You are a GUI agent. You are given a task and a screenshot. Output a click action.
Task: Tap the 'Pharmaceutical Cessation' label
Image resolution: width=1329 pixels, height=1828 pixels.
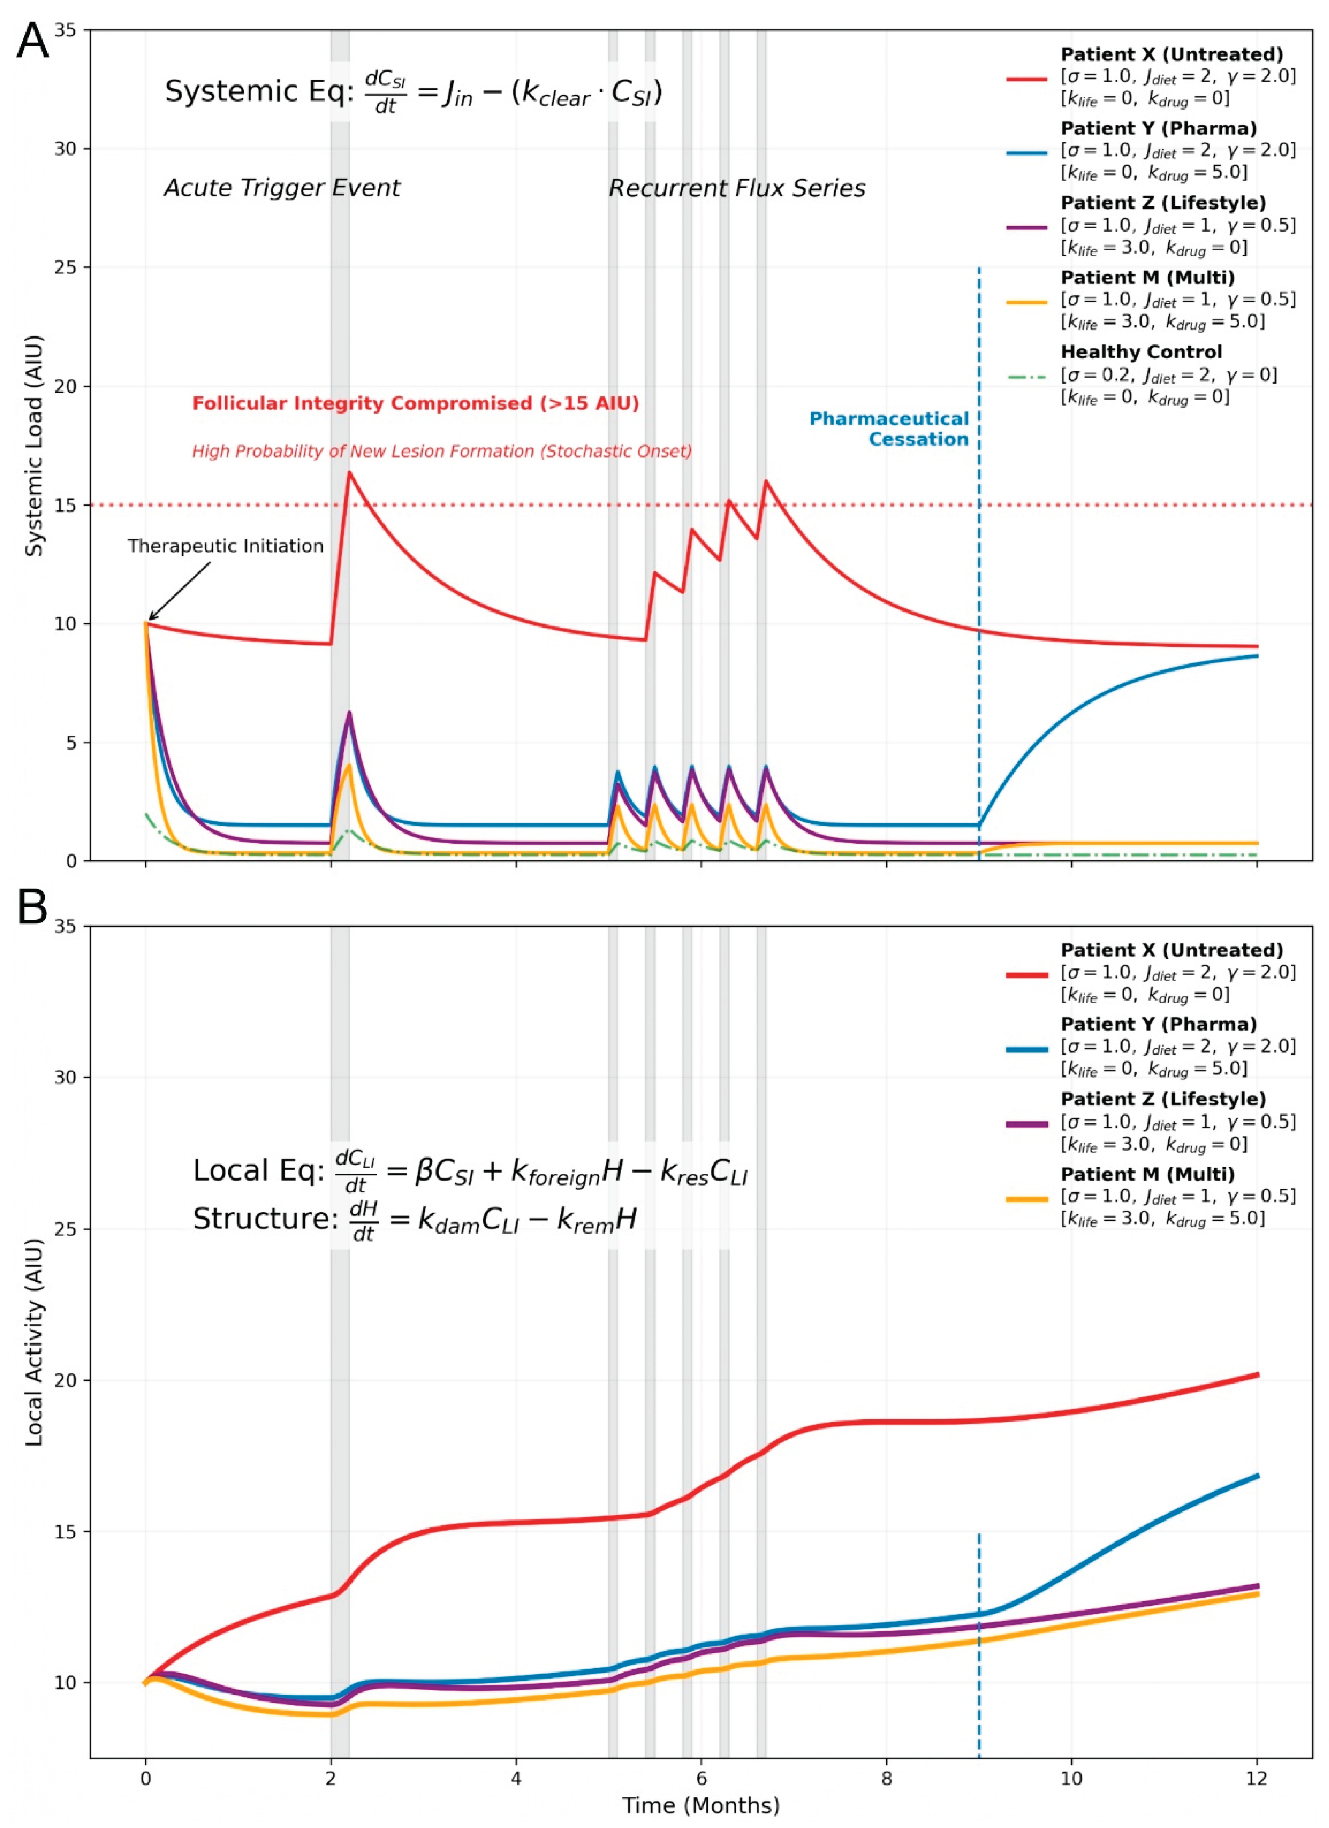click(889, 429)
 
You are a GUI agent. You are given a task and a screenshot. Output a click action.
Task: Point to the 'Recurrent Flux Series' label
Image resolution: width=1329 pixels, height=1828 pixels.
click(737, 189)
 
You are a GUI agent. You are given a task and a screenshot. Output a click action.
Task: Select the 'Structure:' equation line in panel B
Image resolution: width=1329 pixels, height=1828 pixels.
click(415, 1219)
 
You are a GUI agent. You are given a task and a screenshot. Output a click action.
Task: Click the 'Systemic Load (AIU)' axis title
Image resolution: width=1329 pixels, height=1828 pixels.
click(34, 446)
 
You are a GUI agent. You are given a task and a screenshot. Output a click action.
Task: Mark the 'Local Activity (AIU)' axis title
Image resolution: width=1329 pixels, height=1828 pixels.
click(34, 1342)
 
